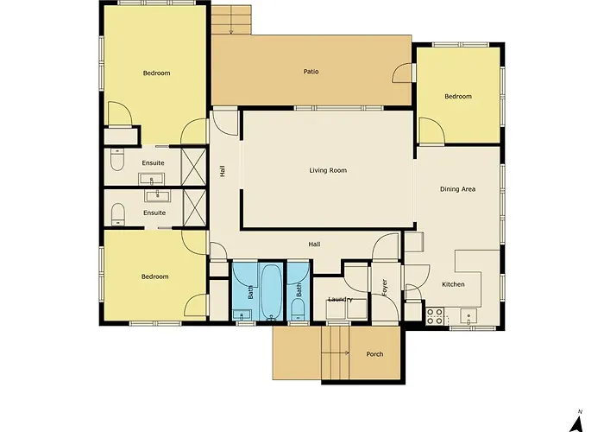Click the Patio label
(311, 72)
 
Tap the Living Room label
(328, 170)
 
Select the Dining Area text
(457, 189)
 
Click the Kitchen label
(453, 284)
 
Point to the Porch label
(374, 353)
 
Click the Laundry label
(340, 299)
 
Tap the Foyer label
(384, 288)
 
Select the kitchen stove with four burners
(435, 315)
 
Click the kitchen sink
(469, 316)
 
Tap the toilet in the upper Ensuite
(116, 161)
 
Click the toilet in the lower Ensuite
(117, 214)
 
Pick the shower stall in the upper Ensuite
(194, 167)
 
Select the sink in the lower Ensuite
(157, 195)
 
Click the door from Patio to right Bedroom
(402, 73)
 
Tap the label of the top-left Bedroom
(156, 73)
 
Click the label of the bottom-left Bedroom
(154, 276)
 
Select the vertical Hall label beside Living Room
(223, 171)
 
